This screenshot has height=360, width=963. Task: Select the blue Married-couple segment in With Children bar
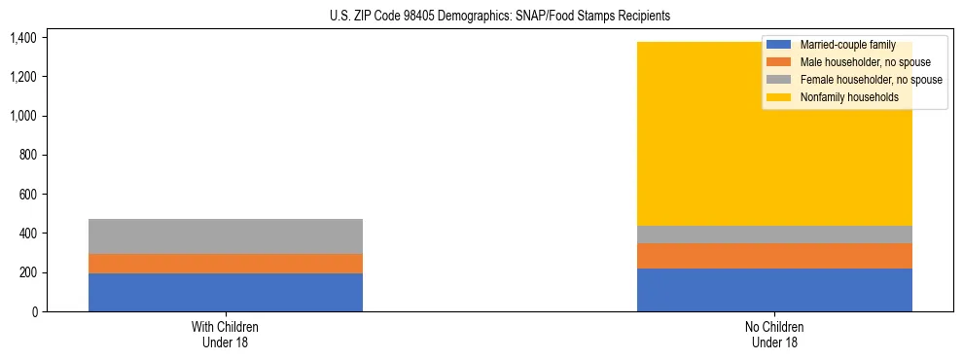226,292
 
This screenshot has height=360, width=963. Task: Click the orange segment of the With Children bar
226,264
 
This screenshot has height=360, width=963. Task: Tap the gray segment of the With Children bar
226,236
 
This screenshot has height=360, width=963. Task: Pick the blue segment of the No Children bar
774,290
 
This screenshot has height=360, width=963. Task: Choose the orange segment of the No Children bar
774,256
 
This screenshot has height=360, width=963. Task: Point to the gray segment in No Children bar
774,234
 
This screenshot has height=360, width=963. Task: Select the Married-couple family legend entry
845,45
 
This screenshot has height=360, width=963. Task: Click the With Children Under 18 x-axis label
226,335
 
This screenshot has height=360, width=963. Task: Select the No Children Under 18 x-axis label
774,335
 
